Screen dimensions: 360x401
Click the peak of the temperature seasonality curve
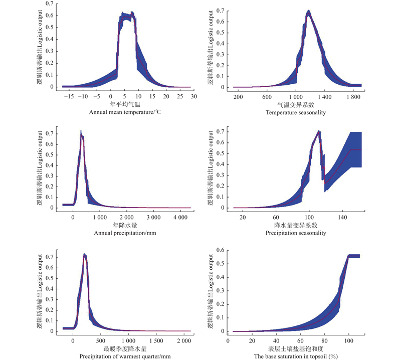[x=308, y=12]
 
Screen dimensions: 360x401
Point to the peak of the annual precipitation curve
[x=81, y=132]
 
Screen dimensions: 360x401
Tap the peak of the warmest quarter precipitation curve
[x=85, y=255]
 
